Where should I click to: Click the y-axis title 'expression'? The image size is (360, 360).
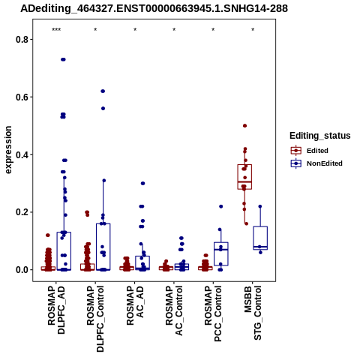pyautogui.click(x=8, y=150)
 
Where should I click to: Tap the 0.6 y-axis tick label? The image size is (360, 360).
pyautogui.click(x=21, y=97)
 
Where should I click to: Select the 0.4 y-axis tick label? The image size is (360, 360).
pyautogui.click(x=21, y=154)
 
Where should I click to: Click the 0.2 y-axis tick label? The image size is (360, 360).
pyautogui.click(x=21, y=212)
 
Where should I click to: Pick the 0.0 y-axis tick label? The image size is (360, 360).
pyautogui.click(x=21, y=270)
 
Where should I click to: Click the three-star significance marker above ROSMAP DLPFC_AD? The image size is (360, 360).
pyautogui.click(x=56, y=30)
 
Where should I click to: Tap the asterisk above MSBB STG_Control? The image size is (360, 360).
pyautogui.click(x=253, y=30)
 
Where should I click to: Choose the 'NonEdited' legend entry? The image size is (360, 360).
pyautogui.click(x=316, y=163)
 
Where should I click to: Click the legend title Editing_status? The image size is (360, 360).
pyautogui.click(x=320, y=136)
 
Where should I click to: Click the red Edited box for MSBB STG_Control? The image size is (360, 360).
pyautogui.click(x=244, y=177)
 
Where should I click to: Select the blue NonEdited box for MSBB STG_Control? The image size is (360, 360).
pyautogui.click(x=260, y=238)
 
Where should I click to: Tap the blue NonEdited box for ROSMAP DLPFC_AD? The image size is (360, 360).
pyautogui.click(x=64, y=251)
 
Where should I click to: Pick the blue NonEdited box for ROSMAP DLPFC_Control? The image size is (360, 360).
pyautogui.click(x=103, y=247)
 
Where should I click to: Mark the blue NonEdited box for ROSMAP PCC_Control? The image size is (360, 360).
pyautogui.click(x=221, y=253)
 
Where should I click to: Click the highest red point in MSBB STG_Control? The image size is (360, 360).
pyautogui.click(x=245, y=126)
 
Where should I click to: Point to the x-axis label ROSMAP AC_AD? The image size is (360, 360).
pyautogui.click(x=135, y=306)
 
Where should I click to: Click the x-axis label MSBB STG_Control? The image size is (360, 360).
pyautogui.click(x=253, y=313)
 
